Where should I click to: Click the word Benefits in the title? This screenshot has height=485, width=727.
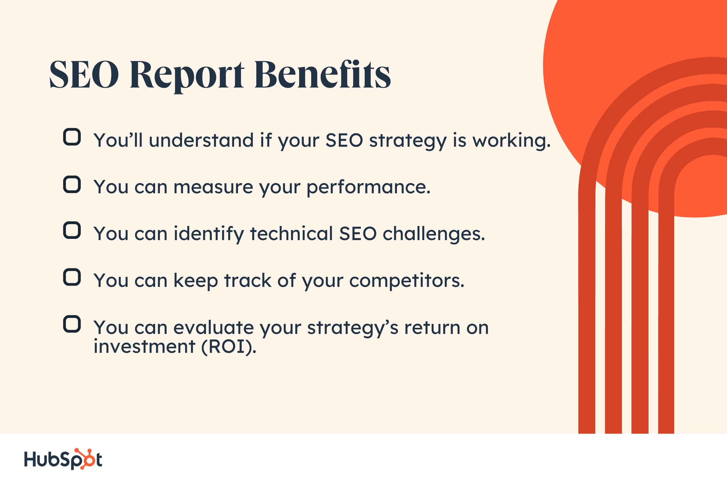click(323, 74)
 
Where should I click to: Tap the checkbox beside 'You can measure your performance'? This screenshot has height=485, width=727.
click(72, 185)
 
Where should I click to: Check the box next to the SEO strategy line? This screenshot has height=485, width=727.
click(72, 137)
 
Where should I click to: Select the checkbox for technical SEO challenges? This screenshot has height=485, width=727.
click(72, 230)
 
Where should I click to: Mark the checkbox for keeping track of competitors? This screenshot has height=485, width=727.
click(72, 277)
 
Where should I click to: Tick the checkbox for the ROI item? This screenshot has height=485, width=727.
click(72, 324)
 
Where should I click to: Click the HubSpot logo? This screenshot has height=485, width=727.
click(63, 459)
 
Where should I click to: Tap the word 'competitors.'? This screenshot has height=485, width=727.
click(407, 281)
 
